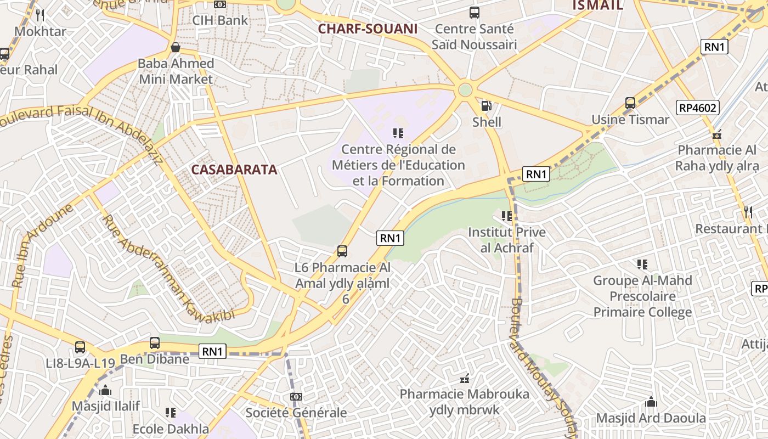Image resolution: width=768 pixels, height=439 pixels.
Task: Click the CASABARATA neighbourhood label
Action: coord(234,170)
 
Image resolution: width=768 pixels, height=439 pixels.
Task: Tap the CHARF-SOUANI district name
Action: coord(368,29)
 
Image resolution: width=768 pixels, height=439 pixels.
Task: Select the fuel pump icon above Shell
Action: coord(486,106)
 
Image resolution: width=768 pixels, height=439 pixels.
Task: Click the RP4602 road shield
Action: coord(698,108)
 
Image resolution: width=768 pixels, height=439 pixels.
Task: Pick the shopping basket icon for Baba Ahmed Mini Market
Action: coord(176,47)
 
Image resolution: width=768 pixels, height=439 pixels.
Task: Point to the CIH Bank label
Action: coord(220,20)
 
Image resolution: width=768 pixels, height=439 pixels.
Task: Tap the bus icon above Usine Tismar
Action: coord(630,103)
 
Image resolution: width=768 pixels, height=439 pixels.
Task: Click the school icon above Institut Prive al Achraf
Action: coord(506,216)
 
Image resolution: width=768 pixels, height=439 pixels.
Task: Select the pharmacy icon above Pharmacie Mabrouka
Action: coord(465,378)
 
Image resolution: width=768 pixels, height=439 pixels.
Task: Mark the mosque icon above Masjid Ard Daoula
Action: coord(651,402)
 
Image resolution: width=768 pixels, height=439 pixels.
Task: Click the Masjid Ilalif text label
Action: coord(106,406)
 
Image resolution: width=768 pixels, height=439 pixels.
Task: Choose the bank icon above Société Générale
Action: coord(296,396)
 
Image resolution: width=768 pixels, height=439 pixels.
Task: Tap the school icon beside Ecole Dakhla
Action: coord(171,412)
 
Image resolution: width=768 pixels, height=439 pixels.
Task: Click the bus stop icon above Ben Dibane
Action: coord(155,343)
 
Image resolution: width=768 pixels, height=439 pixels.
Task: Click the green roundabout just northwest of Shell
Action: coord(465,89)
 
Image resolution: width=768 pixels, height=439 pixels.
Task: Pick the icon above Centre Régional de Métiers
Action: coord(398,133)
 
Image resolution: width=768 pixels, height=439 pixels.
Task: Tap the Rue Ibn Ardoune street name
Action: coord(42,246)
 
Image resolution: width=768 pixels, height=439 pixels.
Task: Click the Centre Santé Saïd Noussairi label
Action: coord(474,36)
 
